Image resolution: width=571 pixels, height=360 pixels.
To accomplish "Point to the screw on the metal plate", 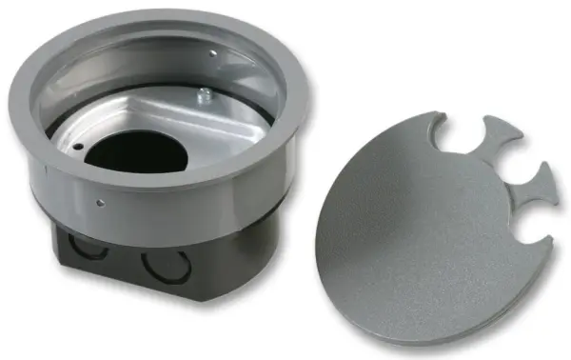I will pyautogui.click(x=205, y=95).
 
